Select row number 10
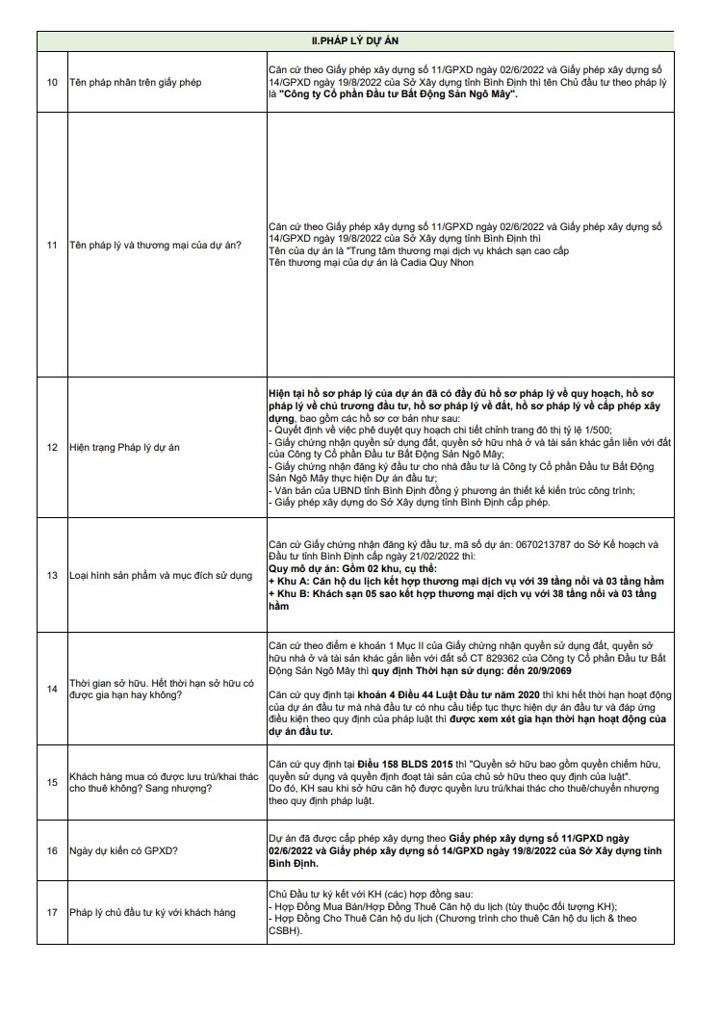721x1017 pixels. pos(52,84)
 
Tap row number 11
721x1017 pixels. pos(52,245)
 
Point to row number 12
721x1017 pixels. pos(52,448)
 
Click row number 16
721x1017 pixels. pos(52,850)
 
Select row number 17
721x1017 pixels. pos(52,912)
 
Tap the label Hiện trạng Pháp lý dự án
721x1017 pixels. pos(125,448)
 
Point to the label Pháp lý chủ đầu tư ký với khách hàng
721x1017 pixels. pos(152,912)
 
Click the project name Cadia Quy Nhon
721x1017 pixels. pos(418,262)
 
